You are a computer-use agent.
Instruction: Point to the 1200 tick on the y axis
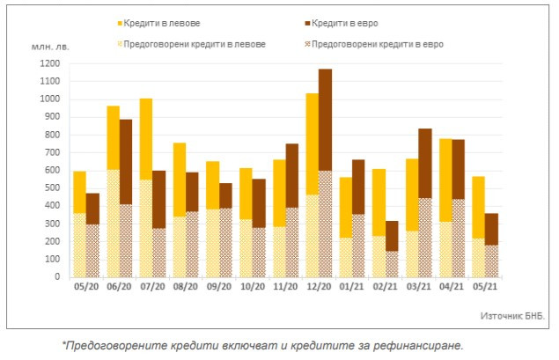(49, 63)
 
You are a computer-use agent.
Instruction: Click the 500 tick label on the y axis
(52, 187)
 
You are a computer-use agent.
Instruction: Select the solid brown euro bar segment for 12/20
(325, 120)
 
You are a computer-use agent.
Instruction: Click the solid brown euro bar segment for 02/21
(391, 235)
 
